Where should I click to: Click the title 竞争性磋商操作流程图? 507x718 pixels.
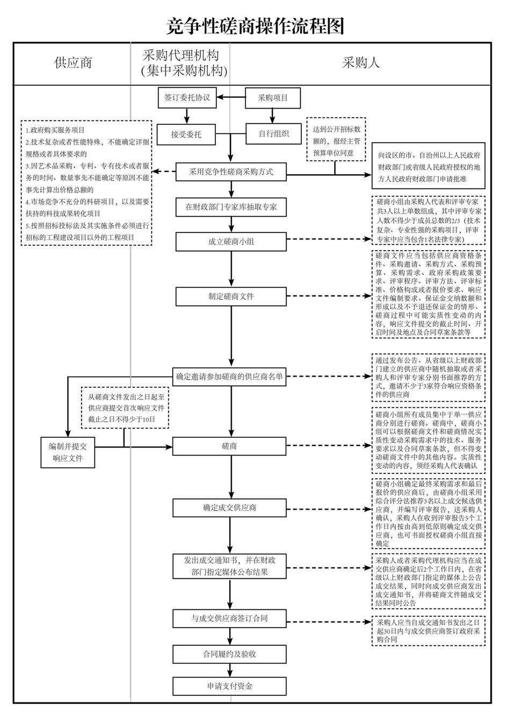pos(254,25)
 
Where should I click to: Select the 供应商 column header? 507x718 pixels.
pos(73,63)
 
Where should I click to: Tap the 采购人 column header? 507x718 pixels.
pos(361,63)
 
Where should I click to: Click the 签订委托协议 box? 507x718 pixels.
pos(187,98)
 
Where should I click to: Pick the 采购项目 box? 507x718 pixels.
pos(273,98)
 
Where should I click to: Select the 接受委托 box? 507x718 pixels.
pos(186,134)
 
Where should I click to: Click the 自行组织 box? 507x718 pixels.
pos(273,133)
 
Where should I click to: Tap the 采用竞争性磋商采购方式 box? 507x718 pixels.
pos(231,172)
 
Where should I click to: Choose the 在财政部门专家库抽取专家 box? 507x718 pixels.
pos(231,207)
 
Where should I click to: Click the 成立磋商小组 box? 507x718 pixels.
pos(231,241)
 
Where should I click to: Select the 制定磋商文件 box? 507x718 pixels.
pos(231,296)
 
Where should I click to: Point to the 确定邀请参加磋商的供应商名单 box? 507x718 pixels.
pos(229,376)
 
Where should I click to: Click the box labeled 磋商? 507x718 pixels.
pos(229,446)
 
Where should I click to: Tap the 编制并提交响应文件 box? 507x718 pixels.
pos(68,452)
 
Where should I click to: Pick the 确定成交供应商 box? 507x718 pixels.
pos(229,507)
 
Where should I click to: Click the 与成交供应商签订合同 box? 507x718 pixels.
pos(229,619)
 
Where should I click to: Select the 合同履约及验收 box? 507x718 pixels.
pos(229,654)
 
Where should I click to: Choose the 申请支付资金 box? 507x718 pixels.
pos(229,686)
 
